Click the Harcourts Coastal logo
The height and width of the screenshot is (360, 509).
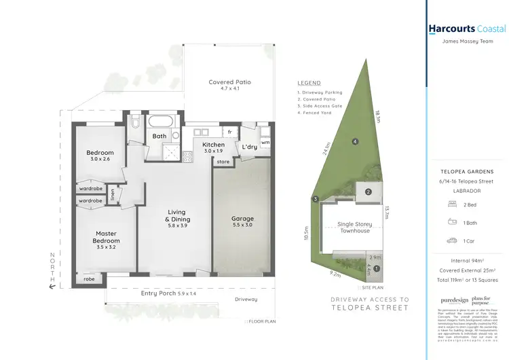467,29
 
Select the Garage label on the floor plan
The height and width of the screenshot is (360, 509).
242,219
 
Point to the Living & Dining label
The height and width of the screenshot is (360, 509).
177,216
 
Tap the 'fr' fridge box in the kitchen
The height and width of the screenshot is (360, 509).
230,131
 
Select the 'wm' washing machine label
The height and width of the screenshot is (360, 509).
265,143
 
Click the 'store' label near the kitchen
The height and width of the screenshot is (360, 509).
223,162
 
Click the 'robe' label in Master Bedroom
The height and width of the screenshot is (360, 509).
89,279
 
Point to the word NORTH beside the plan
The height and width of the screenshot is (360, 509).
52,268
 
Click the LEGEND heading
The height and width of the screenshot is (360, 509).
309,82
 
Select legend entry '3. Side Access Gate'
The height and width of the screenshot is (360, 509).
320,107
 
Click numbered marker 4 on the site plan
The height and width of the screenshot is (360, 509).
354,141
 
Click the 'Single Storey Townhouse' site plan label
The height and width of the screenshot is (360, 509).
356,227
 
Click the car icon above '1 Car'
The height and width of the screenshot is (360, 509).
451,240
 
